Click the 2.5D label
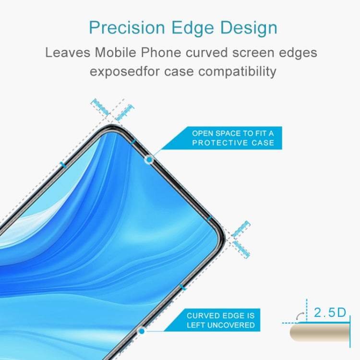pos(330,313)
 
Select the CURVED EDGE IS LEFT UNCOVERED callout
pos(221,320)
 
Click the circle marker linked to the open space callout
pos(149,159)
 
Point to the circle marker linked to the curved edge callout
pos(141,331)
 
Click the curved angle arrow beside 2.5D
pos(300,314)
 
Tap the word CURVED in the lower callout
pos(203,315)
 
